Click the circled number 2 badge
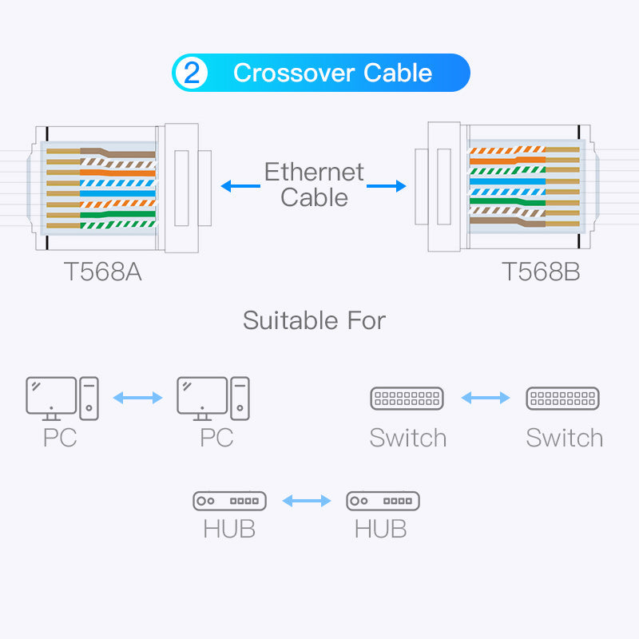tap(192, 73)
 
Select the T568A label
tap(103, 272)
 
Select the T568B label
tap(541, 272)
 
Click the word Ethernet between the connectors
tap(314, 172)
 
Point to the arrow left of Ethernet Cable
tap(240, 186)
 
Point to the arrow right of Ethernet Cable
tap(387, 186)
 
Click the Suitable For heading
tap(314, 320)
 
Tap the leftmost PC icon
tap(62, 398)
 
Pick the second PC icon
tap(212, 398)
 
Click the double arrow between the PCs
tap(137, 397)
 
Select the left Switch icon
tap(407, 398)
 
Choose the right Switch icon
tap(563, 398)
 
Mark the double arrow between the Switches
tap(485, 397)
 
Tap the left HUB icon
tap(229, 501)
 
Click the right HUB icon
tap(383, 501)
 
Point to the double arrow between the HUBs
tap(306, 501)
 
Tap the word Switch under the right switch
tap(564, 438)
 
